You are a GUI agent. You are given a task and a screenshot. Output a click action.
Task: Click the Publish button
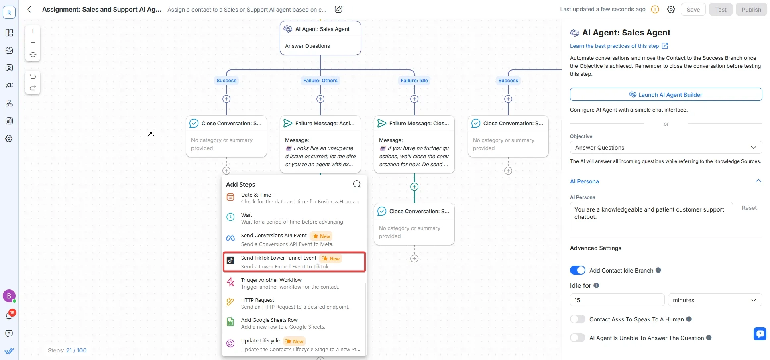point(751,10)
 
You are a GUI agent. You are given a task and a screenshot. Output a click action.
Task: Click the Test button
point(721,10)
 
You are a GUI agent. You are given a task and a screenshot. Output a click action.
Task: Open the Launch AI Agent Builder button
point(666,95)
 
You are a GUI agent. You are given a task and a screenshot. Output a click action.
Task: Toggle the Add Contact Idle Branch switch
point(578,271)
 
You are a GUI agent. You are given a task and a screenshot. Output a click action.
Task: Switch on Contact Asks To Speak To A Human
point(578,319)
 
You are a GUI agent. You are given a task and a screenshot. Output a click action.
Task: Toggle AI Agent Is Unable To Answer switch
point(578,338)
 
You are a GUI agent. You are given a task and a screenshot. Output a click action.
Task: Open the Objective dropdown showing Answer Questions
point(666,148)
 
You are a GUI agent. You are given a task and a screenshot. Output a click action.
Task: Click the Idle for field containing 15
point(617,300)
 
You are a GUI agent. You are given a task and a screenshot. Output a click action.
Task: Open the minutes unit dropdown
point(715,300)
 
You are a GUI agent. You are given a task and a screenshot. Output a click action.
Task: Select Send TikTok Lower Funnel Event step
point(294,262)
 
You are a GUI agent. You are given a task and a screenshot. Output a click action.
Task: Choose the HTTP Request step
point(294,303)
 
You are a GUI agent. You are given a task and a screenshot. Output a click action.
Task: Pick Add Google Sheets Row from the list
point(294,323)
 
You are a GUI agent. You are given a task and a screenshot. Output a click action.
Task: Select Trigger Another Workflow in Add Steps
point(294,283)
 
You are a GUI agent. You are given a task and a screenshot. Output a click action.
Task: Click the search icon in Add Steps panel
point(357,184)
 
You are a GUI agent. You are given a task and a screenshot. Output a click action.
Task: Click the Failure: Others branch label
point(320,81)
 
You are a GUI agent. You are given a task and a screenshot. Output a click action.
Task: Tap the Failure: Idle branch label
point(414,81)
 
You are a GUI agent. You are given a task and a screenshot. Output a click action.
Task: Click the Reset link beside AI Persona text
point(749,208)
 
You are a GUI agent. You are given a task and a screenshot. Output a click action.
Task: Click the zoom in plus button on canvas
point(33,31)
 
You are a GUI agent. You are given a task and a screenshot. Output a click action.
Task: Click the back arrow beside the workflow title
point(29,9)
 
